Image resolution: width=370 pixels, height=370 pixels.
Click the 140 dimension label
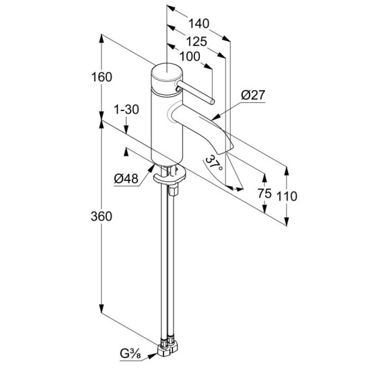point(198,24)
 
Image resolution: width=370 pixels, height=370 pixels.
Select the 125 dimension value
point(196,42)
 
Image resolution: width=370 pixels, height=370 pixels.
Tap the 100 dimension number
point(190,57)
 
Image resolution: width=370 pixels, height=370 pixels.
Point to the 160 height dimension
point(102,77)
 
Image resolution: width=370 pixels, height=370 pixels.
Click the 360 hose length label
point(102,217)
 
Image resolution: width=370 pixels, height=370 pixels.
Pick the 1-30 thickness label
point(126,110)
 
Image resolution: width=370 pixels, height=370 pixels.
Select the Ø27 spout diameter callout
point(253,95)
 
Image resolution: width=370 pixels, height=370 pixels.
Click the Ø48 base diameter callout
point(126,179)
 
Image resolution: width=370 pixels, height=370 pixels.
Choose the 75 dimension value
point(264,194)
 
